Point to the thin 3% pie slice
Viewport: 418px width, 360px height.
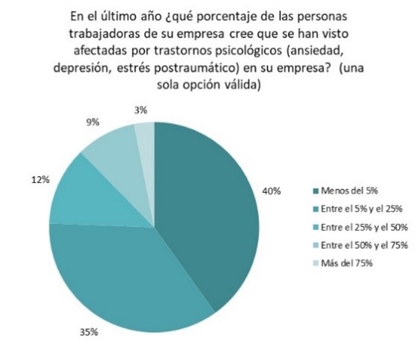(x=146, y=149)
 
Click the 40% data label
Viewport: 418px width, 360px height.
(x=272, y=191)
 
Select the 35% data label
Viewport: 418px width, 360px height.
(x=89, y=332)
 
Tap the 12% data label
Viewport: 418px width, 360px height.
(x=40, y=180)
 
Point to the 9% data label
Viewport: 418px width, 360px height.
(x=93, y=122)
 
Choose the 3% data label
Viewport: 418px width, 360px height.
(x=140, y=110)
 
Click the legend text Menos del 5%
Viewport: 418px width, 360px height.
(x=349, y=190)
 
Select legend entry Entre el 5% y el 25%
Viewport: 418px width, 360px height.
(x=361, y=209)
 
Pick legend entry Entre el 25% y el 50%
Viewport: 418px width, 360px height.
(x=364, y=227)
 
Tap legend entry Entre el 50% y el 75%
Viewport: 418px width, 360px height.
(x=364, y=245)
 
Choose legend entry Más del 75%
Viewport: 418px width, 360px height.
(x=346, y=263)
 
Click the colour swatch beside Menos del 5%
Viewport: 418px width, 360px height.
(x=316, y=191)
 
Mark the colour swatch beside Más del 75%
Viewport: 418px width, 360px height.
(x=316, y=264)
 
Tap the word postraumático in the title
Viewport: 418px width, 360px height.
(x=196, y=68)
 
